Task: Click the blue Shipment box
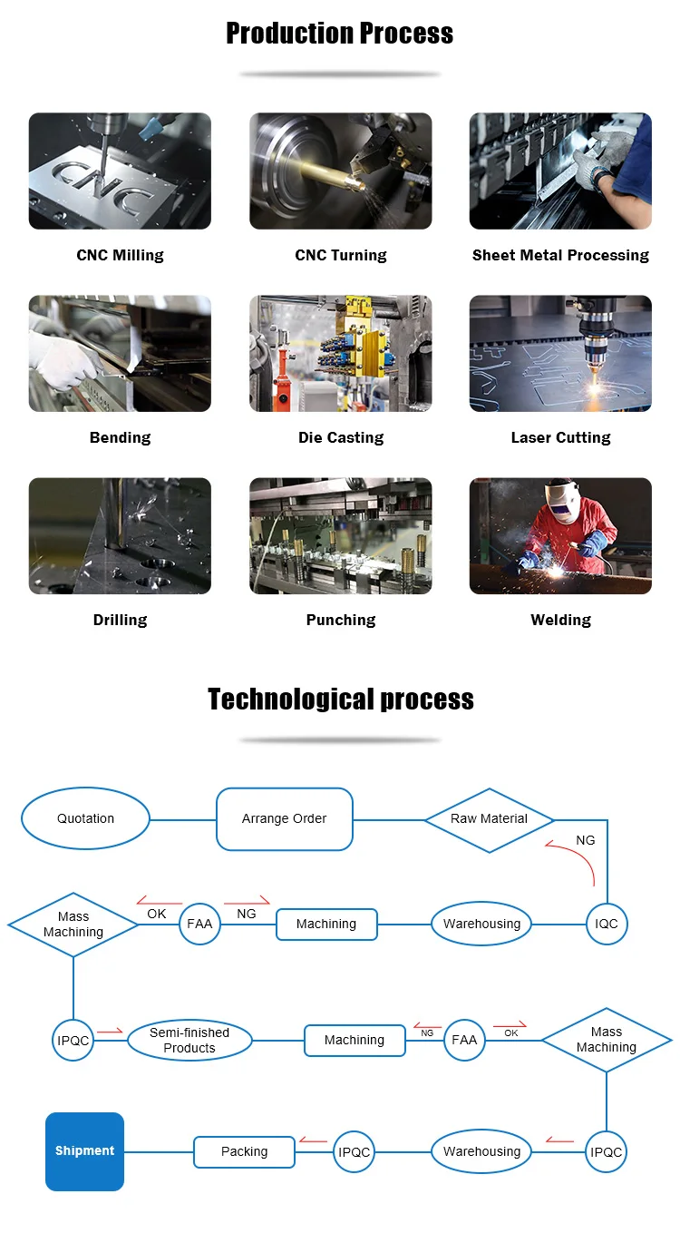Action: tap(84, 1151)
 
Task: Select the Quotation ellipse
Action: tap(85, 818)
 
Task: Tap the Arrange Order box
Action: tap(285, 819)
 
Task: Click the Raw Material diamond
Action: tap(489, 820)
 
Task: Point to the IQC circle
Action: tap(607, 924)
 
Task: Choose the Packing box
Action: tap(244, 1151)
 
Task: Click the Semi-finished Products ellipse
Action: tap(189, 1041)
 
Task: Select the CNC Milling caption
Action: tap(120, 256)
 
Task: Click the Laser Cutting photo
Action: tap(560, 353)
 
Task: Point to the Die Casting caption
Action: tap(341, 437)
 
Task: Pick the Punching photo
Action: tap(341, 535)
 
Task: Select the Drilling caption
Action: tap(120, 621)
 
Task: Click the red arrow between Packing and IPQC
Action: tap(313, 1140)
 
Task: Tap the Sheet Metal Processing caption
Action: tap(560, 256)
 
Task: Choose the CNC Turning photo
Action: tap(341, 171)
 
